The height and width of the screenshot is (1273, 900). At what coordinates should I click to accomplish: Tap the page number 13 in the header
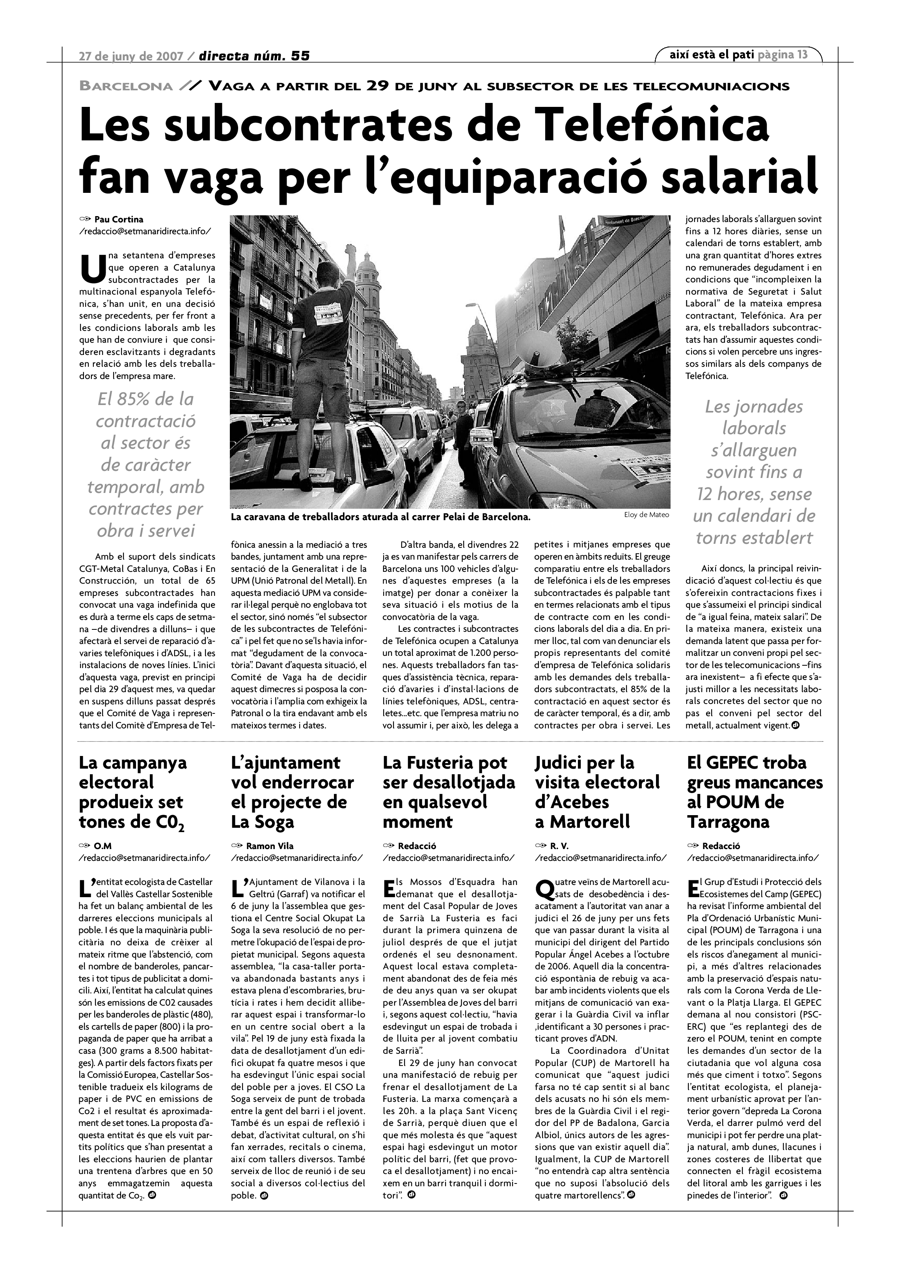click(802, 54)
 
